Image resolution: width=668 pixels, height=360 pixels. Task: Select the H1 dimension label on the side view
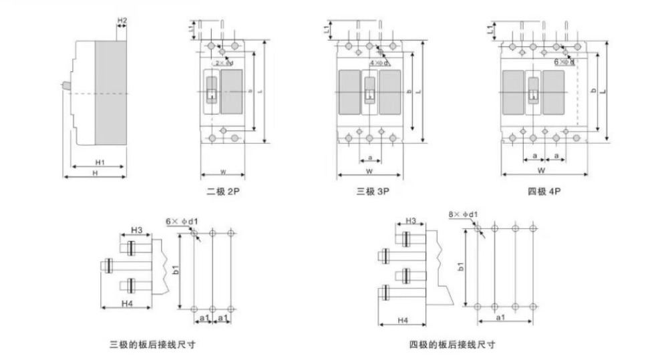(x=100, y=162)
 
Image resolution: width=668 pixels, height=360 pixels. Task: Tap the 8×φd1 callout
(x=464, y=214)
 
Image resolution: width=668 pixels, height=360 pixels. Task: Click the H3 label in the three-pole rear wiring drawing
(x=136, y=230)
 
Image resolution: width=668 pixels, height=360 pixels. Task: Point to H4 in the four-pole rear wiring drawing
(x=403, y=321)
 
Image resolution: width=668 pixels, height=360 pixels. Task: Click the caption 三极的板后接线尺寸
(x=153, y=345)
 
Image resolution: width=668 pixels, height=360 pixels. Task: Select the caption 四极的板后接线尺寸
(x=452, y=345)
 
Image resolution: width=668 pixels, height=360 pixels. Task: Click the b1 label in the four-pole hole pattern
(x=460, y=266)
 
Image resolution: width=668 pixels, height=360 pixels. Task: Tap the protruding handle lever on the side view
(x=66, y=86)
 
